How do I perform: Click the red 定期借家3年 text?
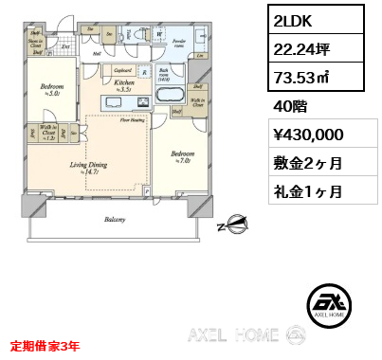(x=45, y=346)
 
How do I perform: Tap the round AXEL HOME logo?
(x=326, y=301)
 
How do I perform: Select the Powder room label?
(x=181, y=43)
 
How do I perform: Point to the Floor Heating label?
(x=131, y=119)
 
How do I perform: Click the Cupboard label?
(x=121, y=70)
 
